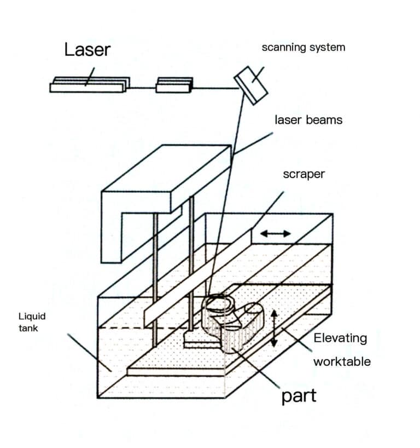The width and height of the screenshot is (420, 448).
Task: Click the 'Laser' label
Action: [87, 50]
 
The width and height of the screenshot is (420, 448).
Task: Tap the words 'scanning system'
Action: [304, 47]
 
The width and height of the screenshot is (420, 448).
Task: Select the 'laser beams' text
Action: [308, 120]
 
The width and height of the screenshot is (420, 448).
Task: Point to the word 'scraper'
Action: [304, 175]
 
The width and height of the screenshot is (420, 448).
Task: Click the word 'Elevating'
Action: [340, 338]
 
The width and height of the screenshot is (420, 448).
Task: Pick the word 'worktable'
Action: [342, 361]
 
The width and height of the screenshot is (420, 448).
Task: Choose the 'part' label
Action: [299, 395]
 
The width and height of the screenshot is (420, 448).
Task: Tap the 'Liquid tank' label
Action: [32, 322]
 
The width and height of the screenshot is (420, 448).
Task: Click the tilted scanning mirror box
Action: [251, 85]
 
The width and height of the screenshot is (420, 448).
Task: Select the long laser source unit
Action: [90, 85]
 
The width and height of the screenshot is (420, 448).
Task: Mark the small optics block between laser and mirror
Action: [174, 85]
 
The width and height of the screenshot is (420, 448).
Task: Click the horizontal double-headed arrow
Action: [276, 234]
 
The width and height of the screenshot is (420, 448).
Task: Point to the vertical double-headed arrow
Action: [275, 328]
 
